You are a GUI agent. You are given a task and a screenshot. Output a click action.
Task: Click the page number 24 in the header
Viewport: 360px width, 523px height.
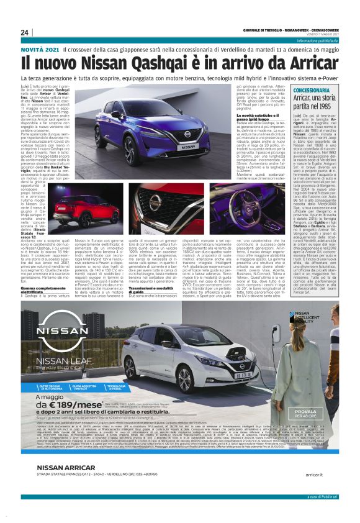pos(25,32)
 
